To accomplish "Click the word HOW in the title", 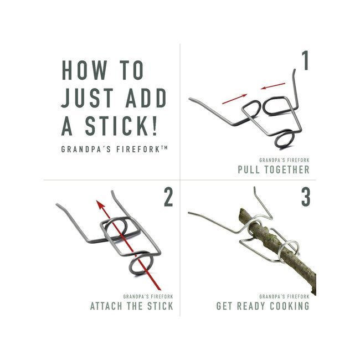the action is pos(84,70).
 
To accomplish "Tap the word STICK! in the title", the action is pos(121,126).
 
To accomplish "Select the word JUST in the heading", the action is pos(88,98).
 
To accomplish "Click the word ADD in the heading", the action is pos(146,98).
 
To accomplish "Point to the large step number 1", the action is pos(305,60).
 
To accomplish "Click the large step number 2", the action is pos(168,197).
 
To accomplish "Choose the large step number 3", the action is pos(306,197).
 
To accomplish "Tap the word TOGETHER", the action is pos(287,169).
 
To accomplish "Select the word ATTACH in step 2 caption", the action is pos(106,306).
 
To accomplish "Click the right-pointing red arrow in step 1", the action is pos(235,99).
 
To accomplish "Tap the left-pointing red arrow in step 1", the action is pos(272,86).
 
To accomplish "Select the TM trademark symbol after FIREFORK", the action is pos(164,148).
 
